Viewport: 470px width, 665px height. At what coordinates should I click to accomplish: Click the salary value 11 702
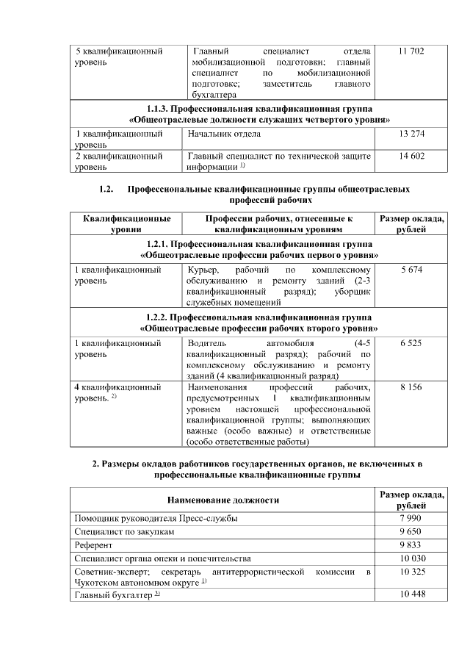[x=411, y=52]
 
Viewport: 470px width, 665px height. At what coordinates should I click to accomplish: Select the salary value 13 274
[x=411, y=134]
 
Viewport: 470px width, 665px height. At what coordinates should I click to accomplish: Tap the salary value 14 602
[x=411, y=156]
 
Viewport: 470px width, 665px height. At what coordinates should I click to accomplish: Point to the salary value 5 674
[x=411, y=270]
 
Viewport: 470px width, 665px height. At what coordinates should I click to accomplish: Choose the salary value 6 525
[x=411, y=343]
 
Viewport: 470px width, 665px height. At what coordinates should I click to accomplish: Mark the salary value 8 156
[x=411, y=387]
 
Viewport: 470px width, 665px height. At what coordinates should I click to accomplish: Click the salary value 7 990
[x=411, y=518]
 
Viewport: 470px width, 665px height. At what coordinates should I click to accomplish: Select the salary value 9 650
[x=411, y=531]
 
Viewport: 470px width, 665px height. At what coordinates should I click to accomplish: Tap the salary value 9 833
[x=411, y=545]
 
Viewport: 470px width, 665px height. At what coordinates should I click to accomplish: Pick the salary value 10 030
[x=411, y=558]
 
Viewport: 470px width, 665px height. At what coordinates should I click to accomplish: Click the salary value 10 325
[x=411, y=572]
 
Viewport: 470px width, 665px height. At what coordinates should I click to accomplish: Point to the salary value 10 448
[x=411, y=594]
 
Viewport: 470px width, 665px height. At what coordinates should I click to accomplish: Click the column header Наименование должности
[x=223, y=500]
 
